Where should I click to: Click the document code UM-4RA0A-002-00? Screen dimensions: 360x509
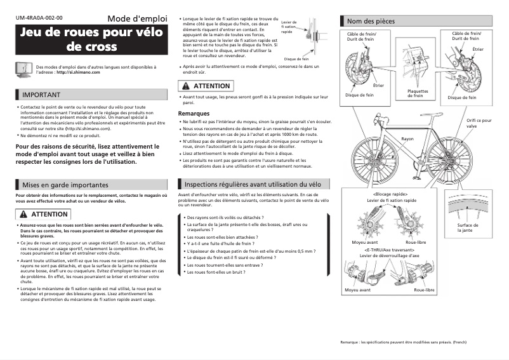(x=39, y=18)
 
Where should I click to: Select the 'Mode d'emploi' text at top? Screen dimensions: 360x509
(x=137, y=18)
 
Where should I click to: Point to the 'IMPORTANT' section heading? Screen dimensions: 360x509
(x=42, y=95)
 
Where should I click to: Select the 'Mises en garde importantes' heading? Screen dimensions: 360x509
(x=65, y=185)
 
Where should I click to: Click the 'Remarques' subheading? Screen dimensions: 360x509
(x=194, y=114)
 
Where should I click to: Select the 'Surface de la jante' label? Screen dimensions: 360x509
(x=468, y=227)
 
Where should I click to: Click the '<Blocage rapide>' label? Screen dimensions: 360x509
(x=390, y=194)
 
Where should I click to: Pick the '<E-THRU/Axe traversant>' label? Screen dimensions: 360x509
(x=390, y=250)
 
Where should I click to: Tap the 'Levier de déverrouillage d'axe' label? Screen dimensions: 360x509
(x=390, y=256)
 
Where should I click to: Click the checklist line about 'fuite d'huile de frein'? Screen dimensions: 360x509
(x=220, y=243)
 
